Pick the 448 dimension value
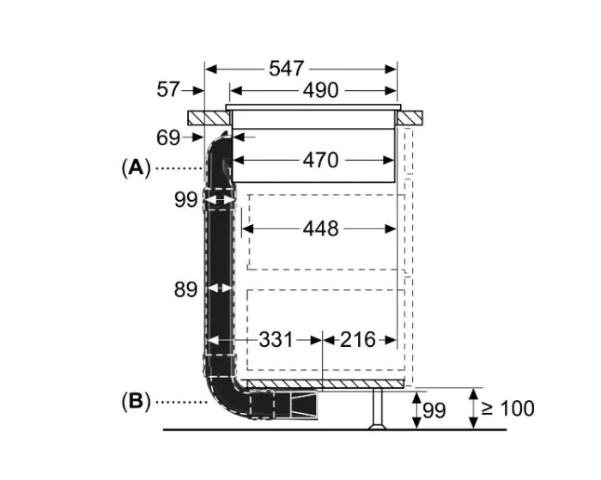click(x=320, y=228)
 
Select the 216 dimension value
click(x=358, y=340)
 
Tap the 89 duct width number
click(x=186, y=290)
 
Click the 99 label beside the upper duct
click(x=186, y=200)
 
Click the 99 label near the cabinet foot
click(x=434, y=410)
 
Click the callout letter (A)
click(x=136, y=167)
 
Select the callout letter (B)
click(x=136, y=400)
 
